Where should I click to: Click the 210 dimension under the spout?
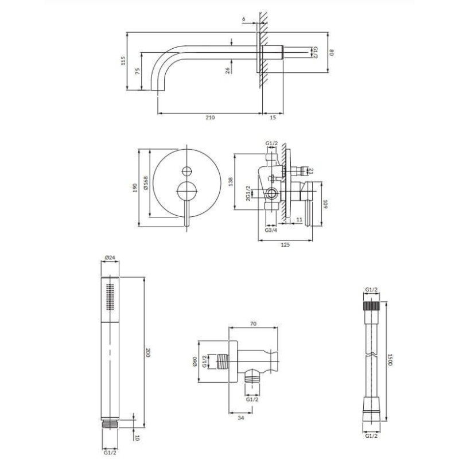coord(210,118)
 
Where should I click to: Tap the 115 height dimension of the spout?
coord(123,61)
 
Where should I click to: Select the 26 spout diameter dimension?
coord(228,70)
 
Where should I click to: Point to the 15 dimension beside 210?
coord(273,118)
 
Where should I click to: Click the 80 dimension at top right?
coord(332,53)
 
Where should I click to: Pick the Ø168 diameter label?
coord(146,183)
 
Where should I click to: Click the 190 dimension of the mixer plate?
coord(135,188)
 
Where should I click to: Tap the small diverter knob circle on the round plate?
coord(186,171)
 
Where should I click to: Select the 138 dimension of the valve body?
coord(231,181)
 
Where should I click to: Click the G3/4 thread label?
coord(271,230)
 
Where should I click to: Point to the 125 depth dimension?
coord(285,245)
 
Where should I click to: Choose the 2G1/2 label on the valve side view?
coord(248,193)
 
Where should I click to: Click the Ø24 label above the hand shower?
coord(110,258)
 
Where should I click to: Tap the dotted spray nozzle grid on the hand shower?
coord(110,296)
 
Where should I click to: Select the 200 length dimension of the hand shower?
coord(148,353)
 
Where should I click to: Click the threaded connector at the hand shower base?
coord(110,425)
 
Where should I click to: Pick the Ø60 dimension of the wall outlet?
coord(195,361)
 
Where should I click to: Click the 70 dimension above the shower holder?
coord(254,324)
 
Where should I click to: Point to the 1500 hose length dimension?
coord(390,360)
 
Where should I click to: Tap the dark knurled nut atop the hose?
coord(371,306)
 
